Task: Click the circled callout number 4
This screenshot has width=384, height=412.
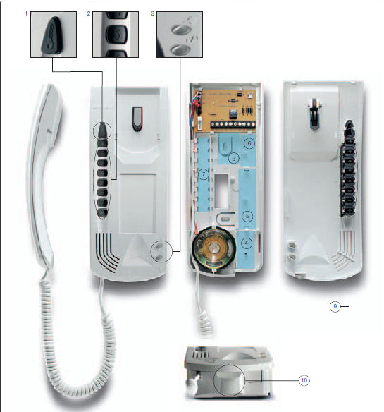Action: (x=246, y=243)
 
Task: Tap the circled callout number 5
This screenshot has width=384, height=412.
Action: (x=247, y=217)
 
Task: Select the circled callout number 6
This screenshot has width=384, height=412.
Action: (x=249, y=143)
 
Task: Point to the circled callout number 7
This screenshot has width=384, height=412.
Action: (x=203, y=174)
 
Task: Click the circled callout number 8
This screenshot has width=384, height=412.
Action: (x=234, y=158)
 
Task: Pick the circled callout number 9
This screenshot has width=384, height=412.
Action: (x=335, y=306)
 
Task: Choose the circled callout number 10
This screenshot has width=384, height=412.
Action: (x=304, y=380)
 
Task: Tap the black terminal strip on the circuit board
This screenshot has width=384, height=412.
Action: (x=233, y=124)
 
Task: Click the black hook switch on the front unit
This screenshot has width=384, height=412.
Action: (x=137, y=119)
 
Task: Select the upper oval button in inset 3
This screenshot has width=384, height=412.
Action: (x=181, y=29)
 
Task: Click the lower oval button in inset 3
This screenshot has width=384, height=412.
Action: (x=180, y=49)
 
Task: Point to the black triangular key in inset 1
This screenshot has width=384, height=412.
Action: (x=52, y=35)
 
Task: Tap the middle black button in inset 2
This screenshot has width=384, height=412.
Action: (x=116, y=34)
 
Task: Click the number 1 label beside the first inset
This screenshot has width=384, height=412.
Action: (x=26, y=13)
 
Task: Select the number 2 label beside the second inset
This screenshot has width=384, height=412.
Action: (x=89, y=13)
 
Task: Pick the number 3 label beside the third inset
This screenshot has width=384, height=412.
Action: (x=153, y=13)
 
